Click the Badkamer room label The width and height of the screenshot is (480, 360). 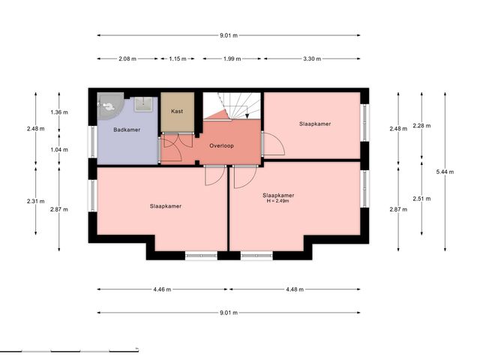[127, 130]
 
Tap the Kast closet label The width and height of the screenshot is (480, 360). [177, 111]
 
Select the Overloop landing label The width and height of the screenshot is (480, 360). [222, 146]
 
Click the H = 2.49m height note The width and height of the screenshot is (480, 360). [278, 201]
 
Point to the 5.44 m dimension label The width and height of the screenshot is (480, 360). [445, 172]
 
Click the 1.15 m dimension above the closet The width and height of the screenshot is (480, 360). [178, 58]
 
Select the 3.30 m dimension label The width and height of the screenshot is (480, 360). [312, 58]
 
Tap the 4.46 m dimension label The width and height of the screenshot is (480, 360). [162, 289]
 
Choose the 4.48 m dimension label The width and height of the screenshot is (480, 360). [295, 289]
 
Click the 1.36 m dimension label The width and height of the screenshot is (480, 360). [59, 112]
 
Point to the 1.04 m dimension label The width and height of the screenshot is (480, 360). [59, 150]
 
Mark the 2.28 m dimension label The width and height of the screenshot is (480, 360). [421, 126]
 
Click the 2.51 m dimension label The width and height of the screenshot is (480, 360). [421, 199]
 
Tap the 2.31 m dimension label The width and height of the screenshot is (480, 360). [36, 202]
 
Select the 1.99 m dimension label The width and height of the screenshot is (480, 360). [232, 58]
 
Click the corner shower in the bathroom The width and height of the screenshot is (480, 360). [109, 105]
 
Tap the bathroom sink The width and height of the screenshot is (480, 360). [143, 104]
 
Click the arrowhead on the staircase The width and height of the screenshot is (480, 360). [247, 116]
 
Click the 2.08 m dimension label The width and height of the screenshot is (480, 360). [127, 58]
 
